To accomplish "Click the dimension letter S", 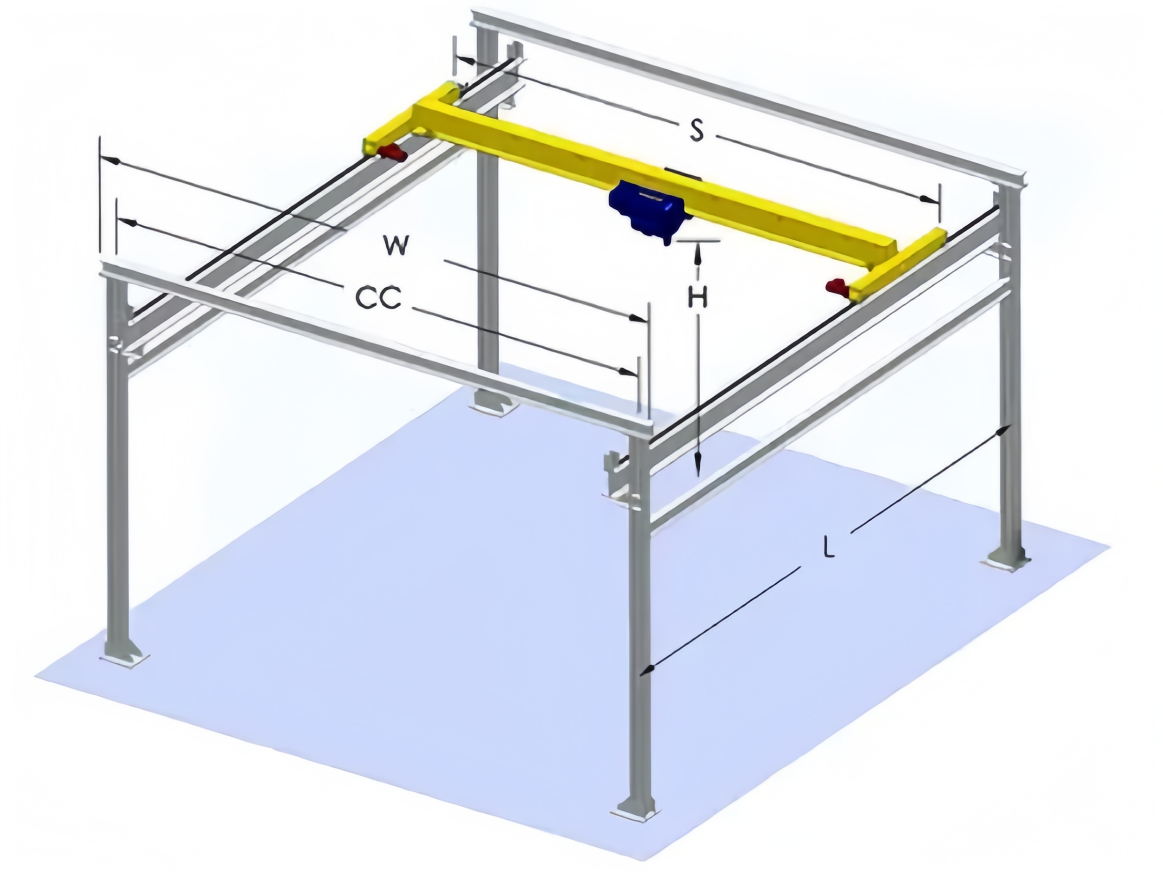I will [697, 130].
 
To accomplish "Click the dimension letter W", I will [395, 246].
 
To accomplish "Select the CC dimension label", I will [378, 298].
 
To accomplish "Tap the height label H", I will [698, 298].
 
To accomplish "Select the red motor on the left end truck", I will [392, 153].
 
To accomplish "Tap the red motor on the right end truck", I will [837, 286].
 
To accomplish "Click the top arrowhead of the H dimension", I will [698, 251].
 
